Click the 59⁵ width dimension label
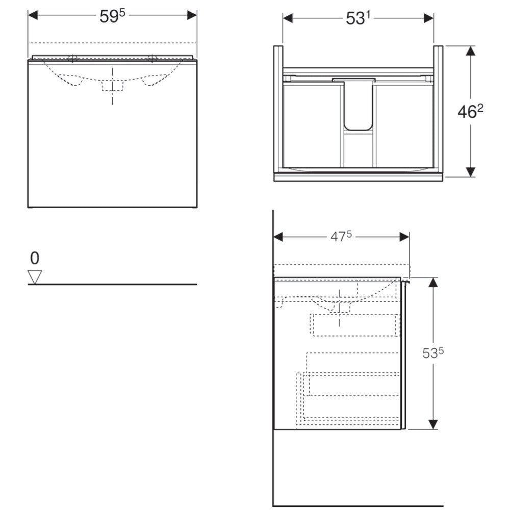tap(112, 16)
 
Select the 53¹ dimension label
tap(358, 18)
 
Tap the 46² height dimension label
tap(470, 112)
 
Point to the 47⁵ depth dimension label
tap(341, 237)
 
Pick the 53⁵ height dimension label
tap(433, 353)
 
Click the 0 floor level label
tap(35, 258)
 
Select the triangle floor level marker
tap(35, 277)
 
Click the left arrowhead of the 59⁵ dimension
tap(33, 15)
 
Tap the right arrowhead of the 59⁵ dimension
tap(192, 15)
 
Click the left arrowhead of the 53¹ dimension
tap(288, 18)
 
